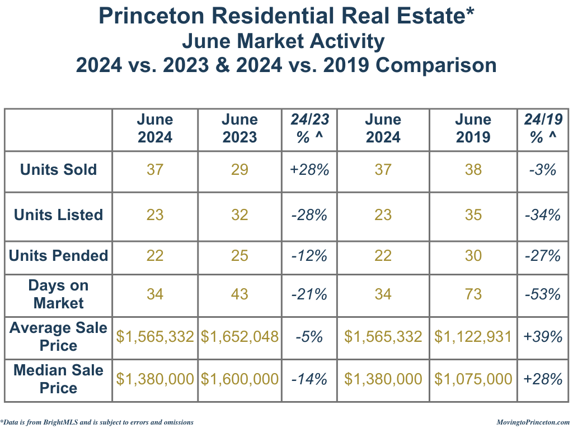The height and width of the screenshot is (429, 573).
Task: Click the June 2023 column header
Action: pos(239,128)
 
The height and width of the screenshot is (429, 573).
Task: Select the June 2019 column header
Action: pos(473,128)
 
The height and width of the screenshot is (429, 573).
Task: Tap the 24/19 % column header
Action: pos(543,128)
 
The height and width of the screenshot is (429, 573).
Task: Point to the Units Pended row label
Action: pos(58,256)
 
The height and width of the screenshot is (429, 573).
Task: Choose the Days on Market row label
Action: pos(58,294)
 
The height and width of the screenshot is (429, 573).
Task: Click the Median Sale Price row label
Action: pos(58,379)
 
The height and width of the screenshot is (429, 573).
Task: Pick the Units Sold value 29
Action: pos(239,170)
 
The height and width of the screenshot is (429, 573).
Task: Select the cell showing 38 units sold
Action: pos(473,170)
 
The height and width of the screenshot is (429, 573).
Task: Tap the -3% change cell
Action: pos(543,170)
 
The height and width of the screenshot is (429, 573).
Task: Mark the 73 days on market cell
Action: pos(473,294)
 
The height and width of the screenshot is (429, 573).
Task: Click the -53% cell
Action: pos(543,294)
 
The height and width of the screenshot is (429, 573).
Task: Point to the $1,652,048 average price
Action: pos(239,336)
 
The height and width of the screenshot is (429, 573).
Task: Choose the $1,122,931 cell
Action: pos(473,336)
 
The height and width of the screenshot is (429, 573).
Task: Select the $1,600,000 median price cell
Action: pos(239,379)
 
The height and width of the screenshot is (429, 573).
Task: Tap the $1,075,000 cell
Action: pos(473,379)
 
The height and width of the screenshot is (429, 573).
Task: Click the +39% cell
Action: pos(543,336)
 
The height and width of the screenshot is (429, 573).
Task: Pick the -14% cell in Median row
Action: pos(309,379)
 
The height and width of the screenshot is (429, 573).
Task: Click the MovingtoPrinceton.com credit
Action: pos(533,422)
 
